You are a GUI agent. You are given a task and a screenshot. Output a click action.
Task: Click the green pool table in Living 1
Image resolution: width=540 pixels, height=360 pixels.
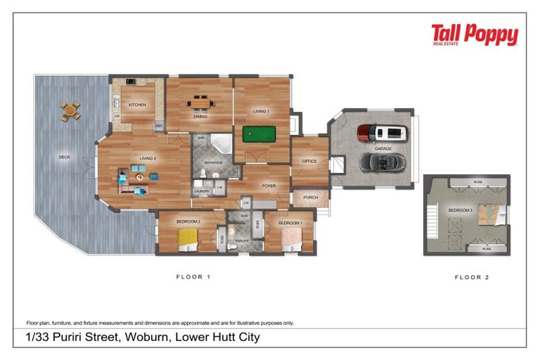click(x=257, y=133)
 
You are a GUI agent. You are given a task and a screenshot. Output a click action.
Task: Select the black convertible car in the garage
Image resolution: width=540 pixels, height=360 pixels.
click(x=382, y=162)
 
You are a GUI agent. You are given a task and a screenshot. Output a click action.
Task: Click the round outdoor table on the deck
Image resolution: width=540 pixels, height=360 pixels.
click(x=70, y=111)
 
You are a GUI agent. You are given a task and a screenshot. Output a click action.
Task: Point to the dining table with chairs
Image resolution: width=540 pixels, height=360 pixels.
click(x=200, y=103)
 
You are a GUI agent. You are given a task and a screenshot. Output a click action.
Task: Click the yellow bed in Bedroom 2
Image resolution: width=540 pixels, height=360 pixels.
click(x=188, y=240)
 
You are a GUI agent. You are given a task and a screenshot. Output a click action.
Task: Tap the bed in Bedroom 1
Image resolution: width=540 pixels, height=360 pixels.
click(x=292, y=241)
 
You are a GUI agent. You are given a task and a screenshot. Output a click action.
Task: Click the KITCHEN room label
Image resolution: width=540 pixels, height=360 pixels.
click(x=137, y=105)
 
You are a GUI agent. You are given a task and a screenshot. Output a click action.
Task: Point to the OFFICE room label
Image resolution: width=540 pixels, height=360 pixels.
click(x=309, y=161)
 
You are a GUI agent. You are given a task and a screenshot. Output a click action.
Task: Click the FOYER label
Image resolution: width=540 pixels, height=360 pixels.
click(x=269, y=186)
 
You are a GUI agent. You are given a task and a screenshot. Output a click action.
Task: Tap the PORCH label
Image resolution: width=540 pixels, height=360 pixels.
click(x=310, y=198)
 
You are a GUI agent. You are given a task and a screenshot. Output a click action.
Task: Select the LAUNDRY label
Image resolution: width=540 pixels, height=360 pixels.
click(x=202, y=191)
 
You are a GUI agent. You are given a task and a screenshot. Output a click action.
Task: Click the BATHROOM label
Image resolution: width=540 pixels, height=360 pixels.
click(x=214, y=162)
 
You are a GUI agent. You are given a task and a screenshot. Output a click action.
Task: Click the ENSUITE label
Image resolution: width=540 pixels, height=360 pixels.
click(x=243, y=240)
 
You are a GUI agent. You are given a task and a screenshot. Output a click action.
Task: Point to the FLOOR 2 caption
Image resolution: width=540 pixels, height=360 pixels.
click(x=470, y=277)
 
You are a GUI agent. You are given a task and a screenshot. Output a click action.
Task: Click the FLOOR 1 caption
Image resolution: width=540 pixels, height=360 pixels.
click(x=193, y=277)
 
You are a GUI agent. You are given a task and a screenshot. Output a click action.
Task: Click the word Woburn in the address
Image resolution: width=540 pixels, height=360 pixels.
click(x=146, y=337)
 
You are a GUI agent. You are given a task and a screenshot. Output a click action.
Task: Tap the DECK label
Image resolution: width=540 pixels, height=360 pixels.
click(x=64, y=157)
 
